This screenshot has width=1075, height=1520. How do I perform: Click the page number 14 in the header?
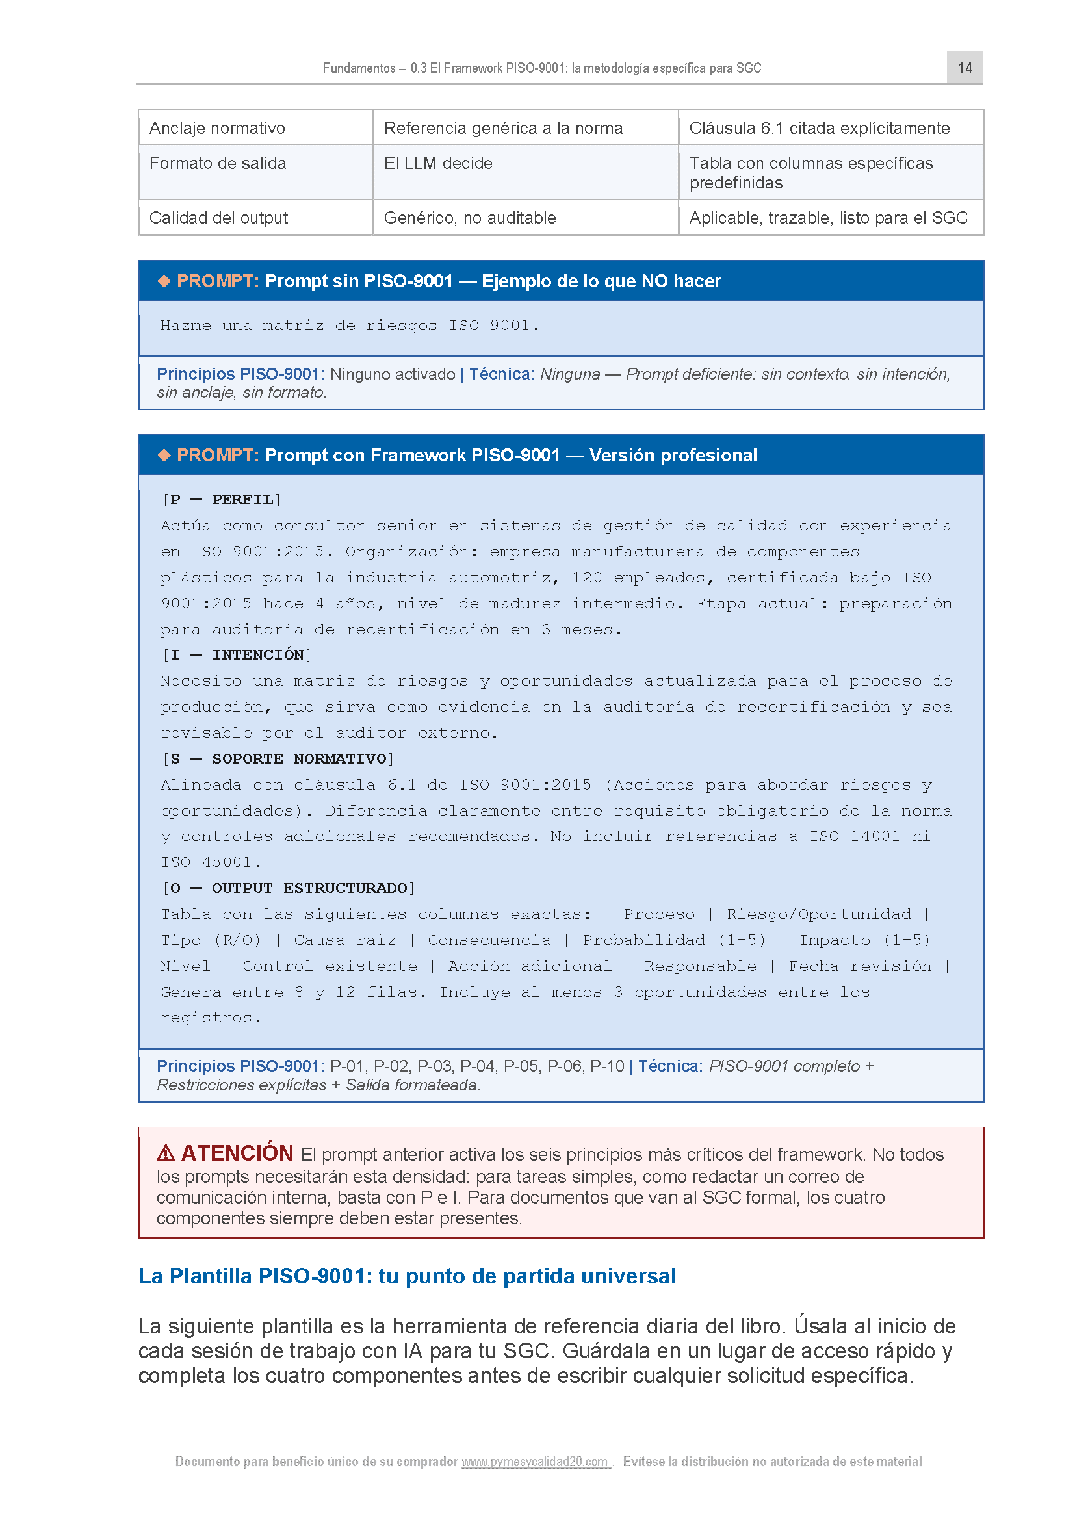pyautogui.click(x=965, y=68)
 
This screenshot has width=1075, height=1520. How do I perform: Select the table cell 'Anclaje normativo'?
pyautogui.click(x=217, y=128)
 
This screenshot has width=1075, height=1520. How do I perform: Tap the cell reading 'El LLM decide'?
pyautogui.click(x=437, y=163)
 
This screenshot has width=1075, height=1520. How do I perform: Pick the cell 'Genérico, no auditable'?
pyautogui.click(x=469, y=218)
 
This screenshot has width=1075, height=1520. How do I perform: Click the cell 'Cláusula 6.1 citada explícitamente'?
pyautogui.click(x=819, y=128)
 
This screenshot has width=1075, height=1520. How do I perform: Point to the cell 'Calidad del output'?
pyautogui.click(x=218, y=218)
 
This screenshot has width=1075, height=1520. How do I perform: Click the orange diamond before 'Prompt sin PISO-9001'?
pyautogui.click(x=164, y=281)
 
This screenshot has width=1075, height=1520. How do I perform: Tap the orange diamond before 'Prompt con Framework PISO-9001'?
pyautogui.click(x=164, y=455)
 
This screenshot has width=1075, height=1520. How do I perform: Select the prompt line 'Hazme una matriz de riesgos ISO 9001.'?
pyautogui.click(x=350, y=326)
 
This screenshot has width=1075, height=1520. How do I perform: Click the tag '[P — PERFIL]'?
pyautogui.click(x=222, y=500)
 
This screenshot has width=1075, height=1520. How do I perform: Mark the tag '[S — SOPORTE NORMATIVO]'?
pyautogui.click(x=278, y=758)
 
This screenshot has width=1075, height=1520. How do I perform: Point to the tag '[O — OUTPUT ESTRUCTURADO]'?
pyautogui.click(x=288, y=888)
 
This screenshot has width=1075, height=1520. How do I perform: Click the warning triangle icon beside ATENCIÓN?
pyautogui.click(x=166, y=1153)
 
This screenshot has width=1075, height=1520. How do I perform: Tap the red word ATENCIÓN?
pyautogui.click(x=237, y=1153)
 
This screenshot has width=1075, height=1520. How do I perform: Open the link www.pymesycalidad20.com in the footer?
pyautogui.click(x=535, y=1461)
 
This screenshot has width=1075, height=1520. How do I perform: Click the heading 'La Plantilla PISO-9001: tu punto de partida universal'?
pyautogui.click(x=407, y=1276)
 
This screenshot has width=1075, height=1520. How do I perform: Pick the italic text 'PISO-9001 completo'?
pyautogui.click(x=784, y=1066)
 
